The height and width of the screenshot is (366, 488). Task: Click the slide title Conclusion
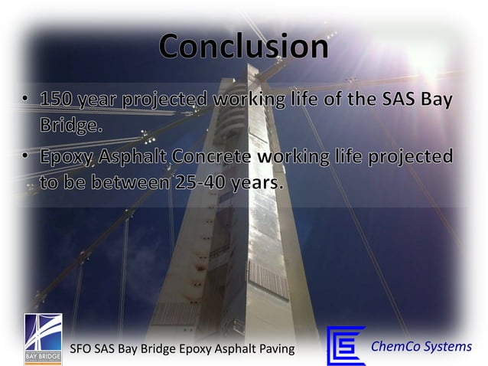(244, 47)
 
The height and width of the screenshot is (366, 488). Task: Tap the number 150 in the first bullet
(59, 100)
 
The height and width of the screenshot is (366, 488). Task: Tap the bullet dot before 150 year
(27, 100)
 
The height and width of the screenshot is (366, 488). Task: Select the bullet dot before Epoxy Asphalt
(27, 157)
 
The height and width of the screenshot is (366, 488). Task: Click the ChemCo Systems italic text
(421, 347)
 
